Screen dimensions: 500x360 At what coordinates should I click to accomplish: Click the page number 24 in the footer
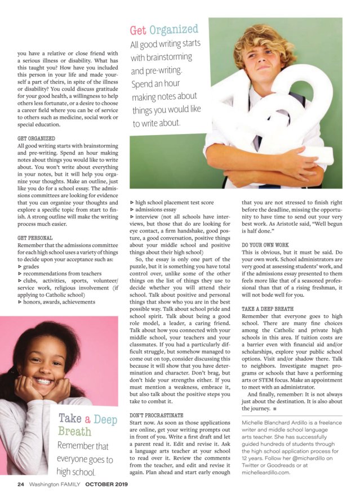click(20, 484)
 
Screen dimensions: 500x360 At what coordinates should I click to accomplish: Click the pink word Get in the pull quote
click(141, 29)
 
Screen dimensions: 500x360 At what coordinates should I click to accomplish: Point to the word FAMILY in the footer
click(72, 484)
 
